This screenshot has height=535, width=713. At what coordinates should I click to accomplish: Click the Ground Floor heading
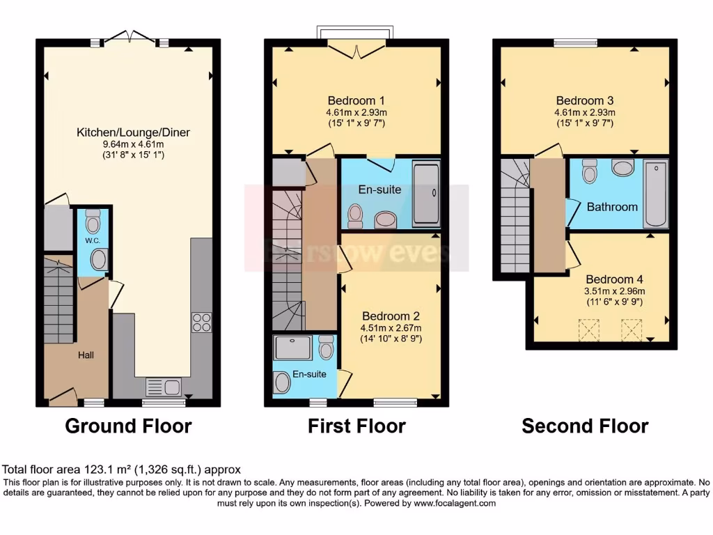coord(128,426)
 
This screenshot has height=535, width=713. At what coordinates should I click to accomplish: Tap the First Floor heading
coord(356,426)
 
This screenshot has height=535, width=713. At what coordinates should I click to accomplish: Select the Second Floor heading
coord(585,426)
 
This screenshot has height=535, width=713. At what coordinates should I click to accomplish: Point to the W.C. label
coord(92,241)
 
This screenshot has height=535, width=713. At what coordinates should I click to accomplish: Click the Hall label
coord(86,355)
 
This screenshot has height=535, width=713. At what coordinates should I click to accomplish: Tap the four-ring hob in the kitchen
coord(201,323)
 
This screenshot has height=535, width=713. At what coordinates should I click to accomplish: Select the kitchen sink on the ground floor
coord(163,387)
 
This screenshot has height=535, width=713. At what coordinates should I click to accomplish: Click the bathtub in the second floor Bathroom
coord(655,194)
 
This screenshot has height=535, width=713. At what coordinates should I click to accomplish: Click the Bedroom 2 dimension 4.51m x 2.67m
coord(391,328)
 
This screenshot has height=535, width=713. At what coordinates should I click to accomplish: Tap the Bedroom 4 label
coord(610,279)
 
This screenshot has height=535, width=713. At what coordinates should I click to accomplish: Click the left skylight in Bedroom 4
coord(590,328)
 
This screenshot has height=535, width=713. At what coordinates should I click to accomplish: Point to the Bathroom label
coord(612,207)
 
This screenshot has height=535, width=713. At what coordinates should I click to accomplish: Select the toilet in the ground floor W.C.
coord(93,222)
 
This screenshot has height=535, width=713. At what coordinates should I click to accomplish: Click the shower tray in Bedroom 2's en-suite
coord(293,347)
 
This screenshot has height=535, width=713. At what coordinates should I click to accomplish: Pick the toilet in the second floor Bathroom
coord(590,171)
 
